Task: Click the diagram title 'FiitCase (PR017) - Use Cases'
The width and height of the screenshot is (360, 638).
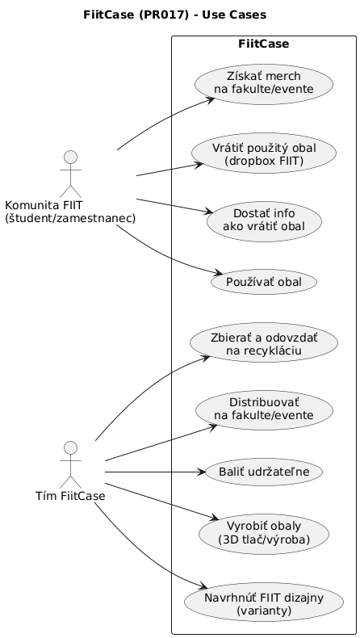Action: point(174,15)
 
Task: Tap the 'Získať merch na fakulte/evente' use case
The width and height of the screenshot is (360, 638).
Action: point(264,82)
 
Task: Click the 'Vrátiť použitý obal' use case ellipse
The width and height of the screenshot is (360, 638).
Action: point(264,152)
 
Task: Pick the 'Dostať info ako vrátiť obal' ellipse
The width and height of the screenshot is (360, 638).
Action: point(264,219)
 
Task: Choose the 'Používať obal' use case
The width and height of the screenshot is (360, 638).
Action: point(264,282)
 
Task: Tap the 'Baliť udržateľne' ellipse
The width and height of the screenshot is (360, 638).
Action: point(264,471)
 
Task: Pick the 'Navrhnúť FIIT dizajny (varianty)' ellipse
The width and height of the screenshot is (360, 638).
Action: point(264,603)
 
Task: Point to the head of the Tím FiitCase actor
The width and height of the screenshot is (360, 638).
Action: point(69,448)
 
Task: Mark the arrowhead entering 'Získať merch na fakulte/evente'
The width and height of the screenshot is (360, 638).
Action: point(211,99)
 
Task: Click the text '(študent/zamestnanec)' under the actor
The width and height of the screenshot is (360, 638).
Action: point(69,218)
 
